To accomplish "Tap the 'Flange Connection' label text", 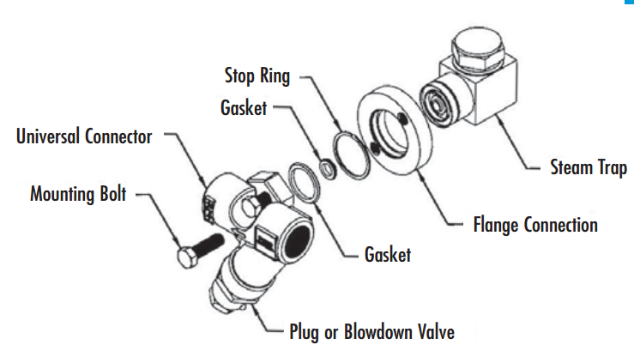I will [535, 226].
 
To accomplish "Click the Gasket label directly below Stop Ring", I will [245, 109].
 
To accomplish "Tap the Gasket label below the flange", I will [388, 255].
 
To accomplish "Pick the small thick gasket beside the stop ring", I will [328, 166].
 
